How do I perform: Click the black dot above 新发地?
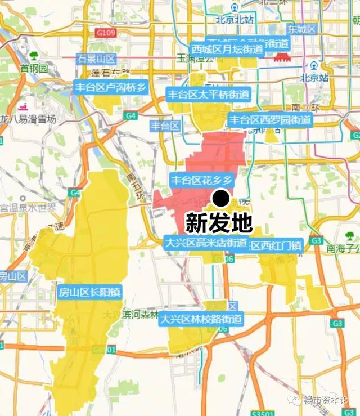pyautogui.click(x=222, y=198)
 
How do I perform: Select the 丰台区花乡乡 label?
pyautogui.click(x=201, y=180)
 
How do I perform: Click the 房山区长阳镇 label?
pyautogui.click(x=90, y=292)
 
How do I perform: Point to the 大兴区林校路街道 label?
pyautogui.click(x=201, y=319)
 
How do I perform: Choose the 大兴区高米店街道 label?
pyautogui.click(x=206, y=243)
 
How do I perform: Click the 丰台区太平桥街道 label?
pyautogui.click(x=208, y=94)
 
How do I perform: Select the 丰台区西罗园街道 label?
pyautogui.click(x=270, y=119)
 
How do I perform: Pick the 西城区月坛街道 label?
pyautogui.click(x=227, y=50)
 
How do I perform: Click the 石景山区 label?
pyautogui.click(x=96, y=59)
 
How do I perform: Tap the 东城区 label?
pyautogui.click(x=303, y=29)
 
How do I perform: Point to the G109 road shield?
pyautogui.click(x=106, y=33)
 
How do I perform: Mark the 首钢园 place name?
pyautogui.click(x=34, y=69)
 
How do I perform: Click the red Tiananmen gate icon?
pyautogui.click(x=281, y=57)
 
